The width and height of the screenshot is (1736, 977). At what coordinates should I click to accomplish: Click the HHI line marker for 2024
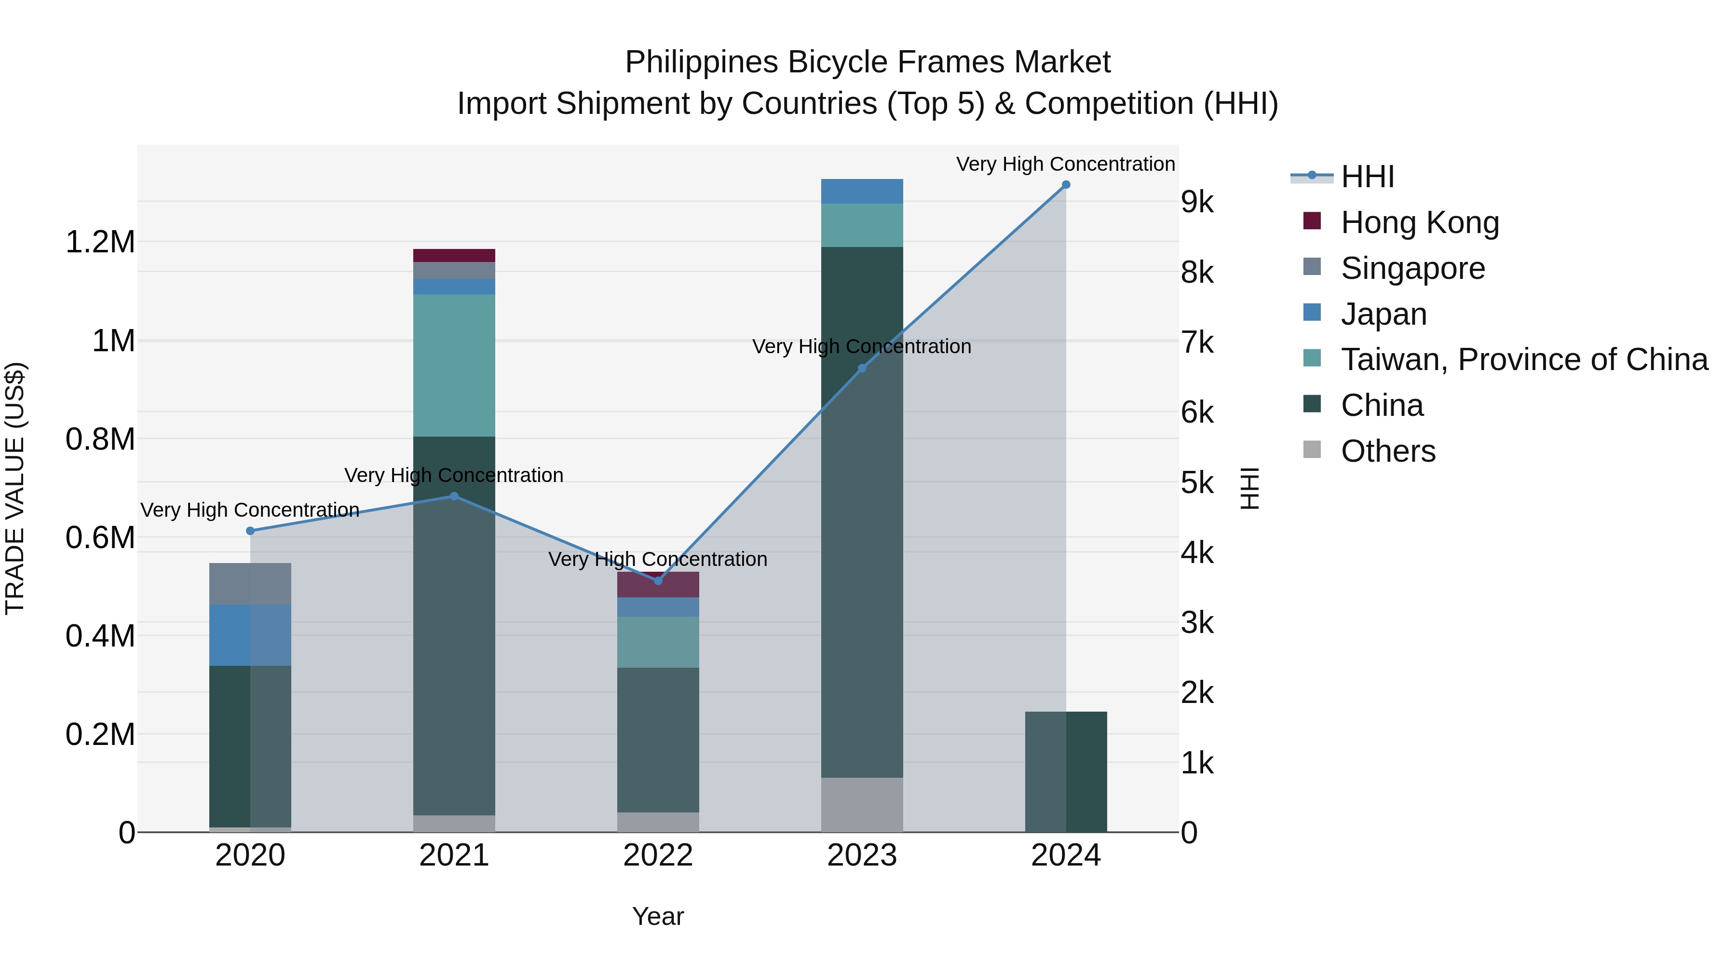[1065, 185]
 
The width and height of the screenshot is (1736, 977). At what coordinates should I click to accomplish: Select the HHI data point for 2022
[658, 580]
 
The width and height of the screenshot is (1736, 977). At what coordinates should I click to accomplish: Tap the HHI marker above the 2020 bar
[250, 531]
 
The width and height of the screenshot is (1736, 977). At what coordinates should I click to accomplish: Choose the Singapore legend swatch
[1312, 267]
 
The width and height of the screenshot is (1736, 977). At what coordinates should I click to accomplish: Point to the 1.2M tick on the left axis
[100, 242]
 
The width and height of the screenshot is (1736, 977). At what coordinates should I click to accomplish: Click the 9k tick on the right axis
[1197, 202]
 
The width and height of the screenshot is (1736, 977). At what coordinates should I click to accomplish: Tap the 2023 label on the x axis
[862, 855]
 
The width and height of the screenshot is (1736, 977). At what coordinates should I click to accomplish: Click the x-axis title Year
[658, 916]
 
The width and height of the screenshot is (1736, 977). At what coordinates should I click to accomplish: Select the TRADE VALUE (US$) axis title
[15, 488]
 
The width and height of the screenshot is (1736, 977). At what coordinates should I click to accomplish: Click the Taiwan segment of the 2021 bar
[454, 365]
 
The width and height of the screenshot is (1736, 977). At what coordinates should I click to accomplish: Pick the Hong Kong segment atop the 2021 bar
[454, 255]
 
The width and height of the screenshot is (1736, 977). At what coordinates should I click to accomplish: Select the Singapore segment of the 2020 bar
[250, 583]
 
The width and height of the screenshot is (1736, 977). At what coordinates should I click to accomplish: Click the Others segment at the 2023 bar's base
[862, 804]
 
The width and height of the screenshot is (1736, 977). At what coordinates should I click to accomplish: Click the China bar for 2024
[1065, 771]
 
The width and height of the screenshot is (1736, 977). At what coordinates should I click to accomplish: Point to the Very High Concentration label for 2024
[1065, 164]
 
